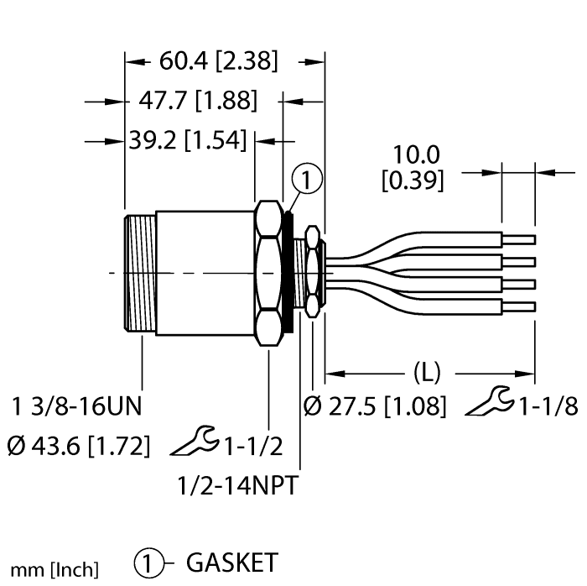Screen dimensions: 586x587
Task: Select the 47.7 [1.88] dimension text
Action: tap(196, 102)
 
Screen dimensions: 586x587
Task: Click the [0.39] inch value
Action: tap(413, 180)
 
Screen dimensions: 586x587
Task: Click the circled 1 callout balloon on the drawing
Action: tap(308, 179)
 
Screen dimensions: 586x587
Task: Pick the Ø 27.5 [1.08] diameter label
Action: tap(374, 407)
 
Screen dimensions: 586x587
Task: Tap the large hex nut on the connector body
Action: tap(268, 273)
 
